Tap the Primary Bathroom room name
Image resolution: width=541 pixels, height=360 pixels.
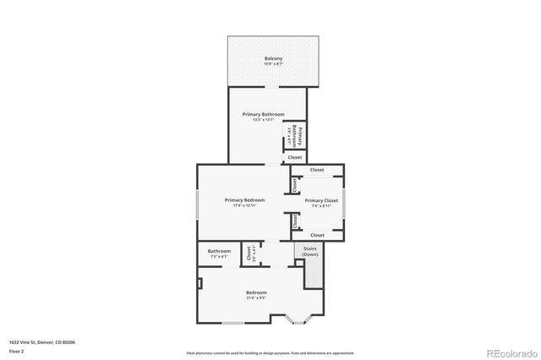[263, 114]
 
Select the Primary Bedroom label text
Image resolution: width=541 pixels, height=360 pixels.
[244, 200]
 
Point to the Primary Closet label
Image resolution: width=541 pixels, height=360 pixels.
[321, 201]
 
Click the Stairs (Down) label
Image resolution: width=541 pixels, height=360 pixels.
[310, 251]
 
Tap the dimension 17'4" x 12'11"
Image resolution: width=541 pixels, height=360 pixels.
[244, 206]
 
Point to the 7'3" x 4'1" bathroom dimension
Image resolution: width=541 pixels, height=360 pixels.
[219, 256]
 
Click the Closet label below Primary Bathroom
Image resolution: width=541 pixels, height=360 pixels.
[295, 157]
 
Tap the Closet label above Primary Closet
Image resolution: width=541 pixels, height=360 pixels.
[317, 170]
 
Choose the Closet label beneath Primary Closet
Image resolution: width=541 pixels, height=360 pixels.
[317, 235]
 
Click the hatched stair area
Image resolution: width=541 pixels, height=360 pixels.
[313, 272]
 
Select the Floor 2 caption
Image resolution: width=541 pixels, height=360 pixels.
[17, 350]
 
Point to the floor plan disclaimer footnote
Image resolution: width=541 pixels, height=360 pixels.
[270, 352]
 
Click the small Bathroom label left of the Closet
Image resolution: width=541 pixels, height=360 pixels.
[219, 250]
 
